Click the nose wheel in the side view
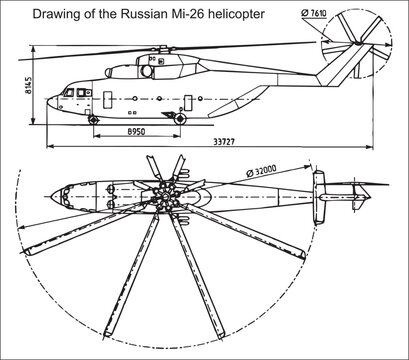[x=95, y=120]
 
